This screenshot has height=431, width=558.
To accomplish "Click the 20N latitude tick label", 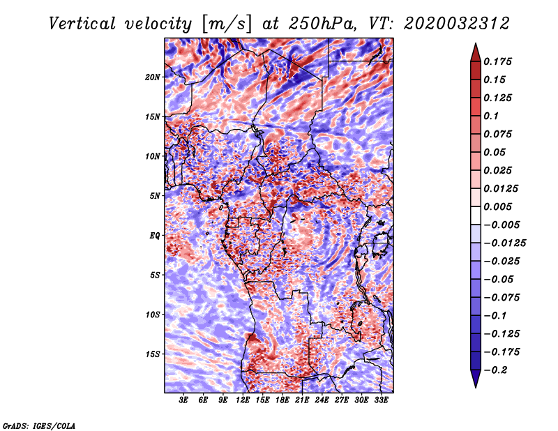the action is click(153, 77).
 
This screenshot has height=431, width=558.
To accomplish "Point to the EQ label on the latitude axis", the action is click(155, 236).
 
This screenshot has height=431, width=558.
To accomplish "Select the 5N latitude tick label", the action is click(155, 196).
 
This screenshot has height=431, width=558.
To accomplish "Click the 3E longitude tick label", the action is click(183, 400).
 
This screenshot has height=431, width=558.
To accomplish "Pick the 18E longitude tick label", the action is click(282, 400).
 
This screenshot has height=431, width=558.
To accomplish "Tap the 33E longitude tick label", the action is click(381, 400).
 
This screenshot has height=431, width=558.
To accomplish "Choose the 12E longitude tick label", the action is click(243, 400).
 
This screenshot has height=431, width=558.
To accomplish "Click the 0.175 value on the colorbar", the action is click(498, 61).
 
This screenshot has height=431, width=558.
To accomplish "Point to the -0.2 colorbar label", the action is click(495, 370).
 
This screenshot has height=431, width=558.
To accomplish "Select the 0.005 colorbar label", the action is click(498, 206).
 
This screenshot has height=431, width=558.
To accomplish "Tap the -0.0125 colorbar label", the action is click(504, 243).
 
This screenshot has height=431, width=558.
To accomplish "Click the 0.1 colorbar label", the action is click(491, 116).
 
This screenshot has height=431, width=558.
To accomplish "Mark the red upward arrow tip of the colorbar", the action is click(476, 44).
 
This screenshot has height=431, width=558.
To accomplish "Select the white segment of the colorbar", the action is click(476, 215).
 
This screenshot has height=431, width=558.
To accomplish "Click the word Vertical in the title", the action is click(82, 24).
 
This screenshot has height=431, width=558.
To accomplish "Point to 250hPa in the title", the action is click(322, 24).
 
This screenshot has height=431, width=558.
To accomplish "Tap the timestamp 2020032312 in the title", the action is click(457, 24).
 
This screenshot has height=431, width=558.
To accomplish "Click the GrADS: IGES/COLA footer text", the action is click(39, 426).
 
